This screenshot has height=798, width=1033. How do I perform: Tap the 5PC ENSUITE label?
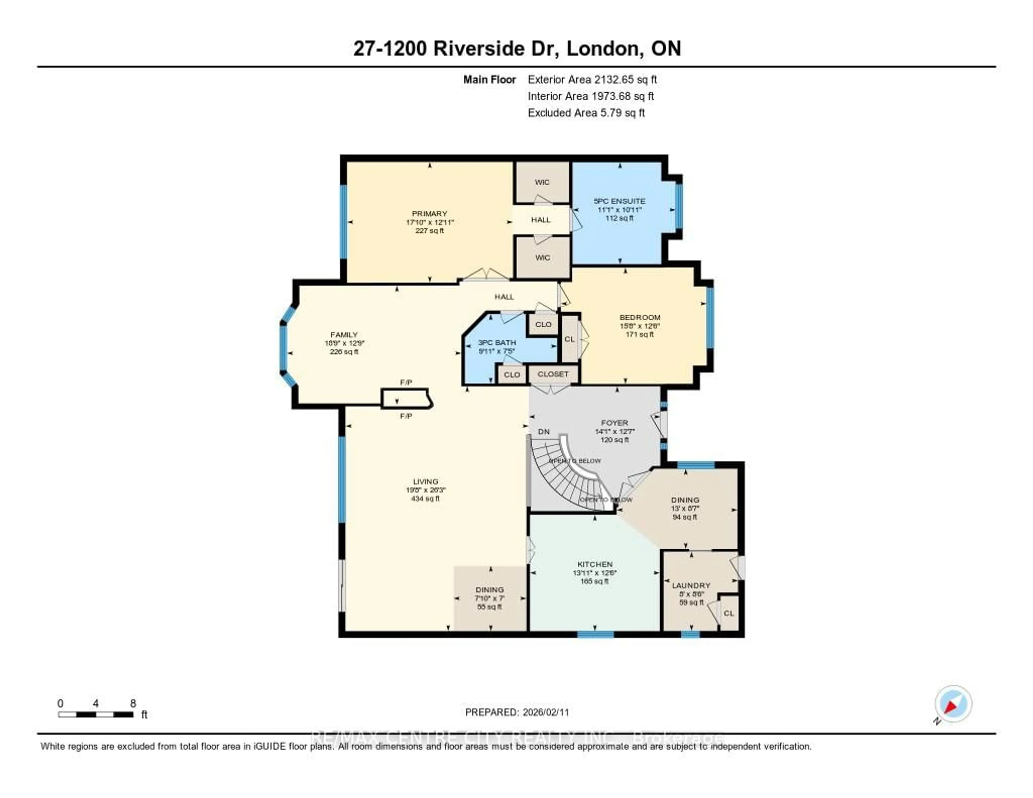pos(619,201)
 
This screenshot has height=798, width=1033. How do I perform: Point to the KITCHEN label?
pos(595,564)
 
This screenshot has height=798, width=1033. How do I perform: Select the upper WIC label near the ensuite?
pos(542,182)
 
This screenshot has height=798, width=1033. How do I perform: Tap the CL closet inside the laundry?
pos(729,613)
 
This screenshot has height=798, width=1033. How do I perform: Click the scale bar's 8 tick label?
pos(133,703)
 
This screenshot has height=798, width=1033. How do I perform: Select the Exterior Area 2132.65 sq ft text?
pos(592,79)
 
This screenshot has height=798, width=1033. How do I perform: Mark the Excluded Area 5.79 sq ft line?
pos(586,112)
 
